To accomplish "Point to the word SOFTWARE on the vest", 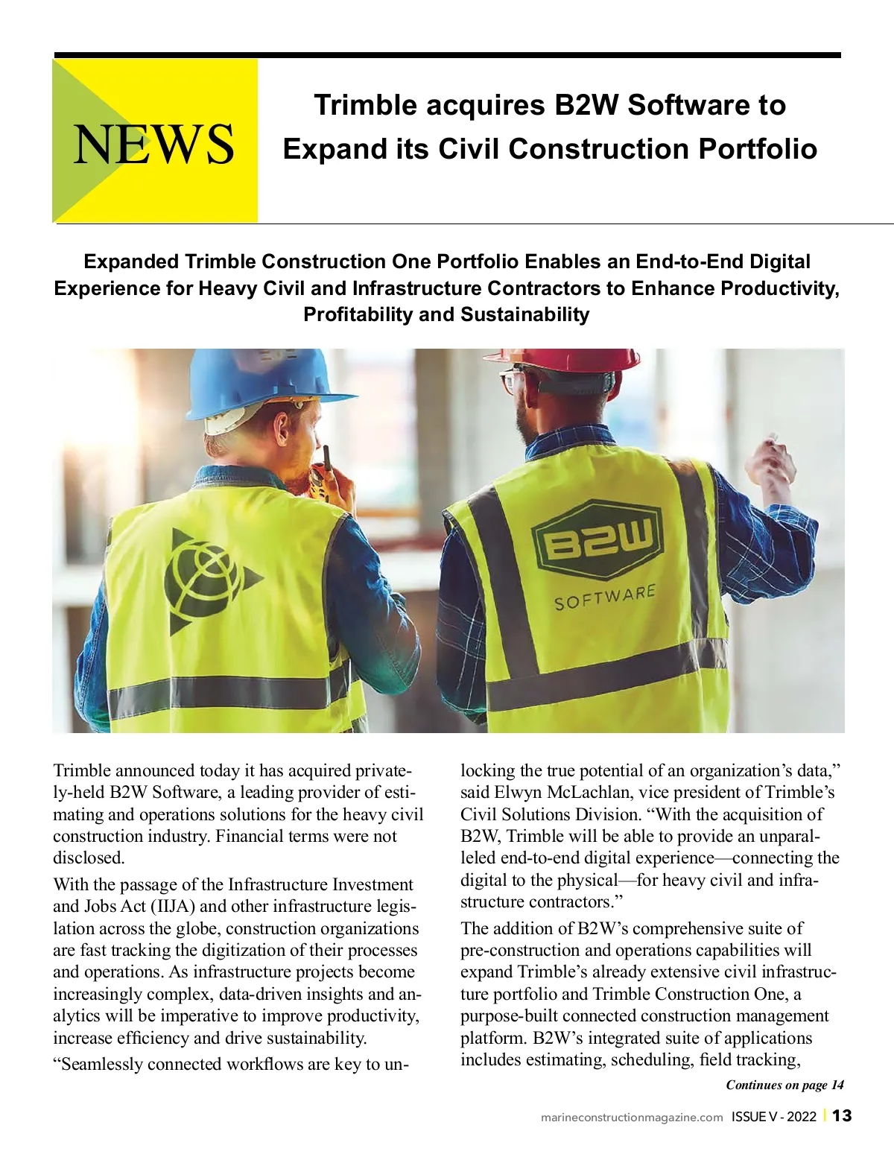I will tap(604, 597).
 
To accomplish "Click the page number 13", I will tap(842, 1116).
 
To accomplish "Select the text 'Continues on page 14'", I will tap(784, 1085).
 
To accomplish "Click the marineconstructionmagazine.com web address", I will tap(632, 1117).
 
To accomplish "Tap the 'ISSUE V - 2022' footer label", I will tap(774, 1117).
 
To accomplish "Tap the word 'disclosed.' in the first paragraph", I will tap(89, 858).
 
